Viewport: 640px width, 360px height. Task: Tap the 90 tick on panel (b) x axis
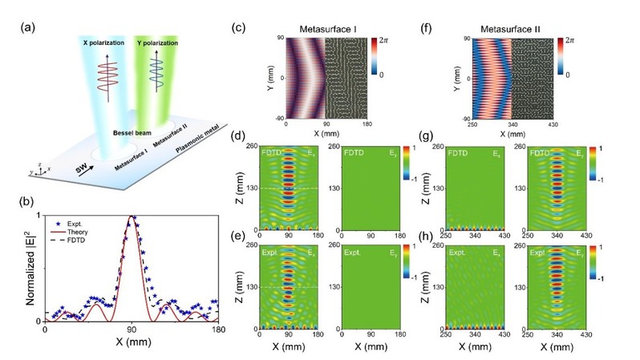click(x=132, y=330)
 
